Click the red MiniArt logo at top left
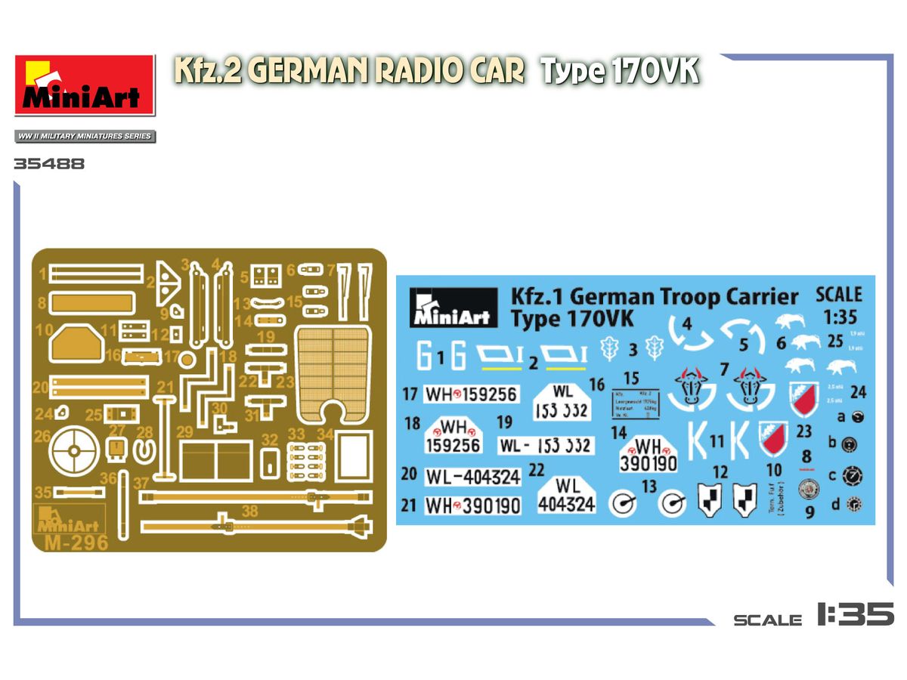85,85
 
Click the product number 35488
49,163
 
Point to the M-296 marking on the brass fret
76,542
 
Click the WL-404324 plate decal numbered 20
473,477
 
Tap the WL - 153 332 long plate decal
546,446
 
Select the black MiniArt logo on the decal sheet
452,308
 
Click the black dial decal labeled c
854,476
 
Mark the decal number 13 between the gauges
649,487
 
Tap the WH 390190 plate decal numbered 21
473,505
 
